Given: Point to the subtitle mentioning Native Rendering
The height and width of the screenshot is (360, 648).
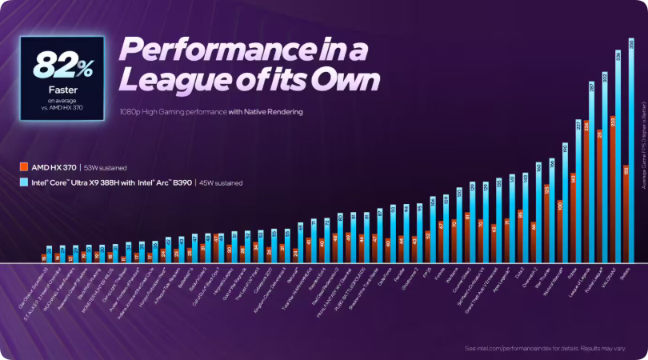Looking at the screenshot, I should coord(210,112).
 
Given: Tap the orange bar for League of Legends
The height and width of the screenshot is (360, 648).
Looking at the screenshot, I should coord(586,191).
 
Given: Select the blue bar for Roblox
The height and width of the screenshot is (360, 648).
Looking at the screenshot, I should coord(578,191).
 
